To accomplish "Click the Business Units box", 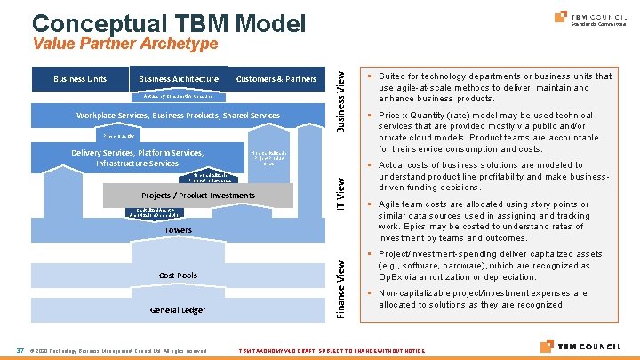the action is click(80, 79).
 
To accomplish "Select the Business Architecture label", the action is click(179, 79).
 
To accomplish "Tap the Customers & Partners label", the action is click(276, 79).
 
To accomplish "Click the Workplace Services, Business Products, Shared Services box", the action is click(178, 116).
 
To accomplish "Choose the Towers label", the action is click(178, 230).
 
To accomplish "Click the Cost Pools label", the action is click(178, 276).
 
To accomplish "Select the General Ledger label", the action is click(178, 310).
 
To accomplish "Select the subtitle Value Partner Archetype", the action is click(124, 44).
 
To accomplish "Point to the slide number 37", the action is click(20, 348).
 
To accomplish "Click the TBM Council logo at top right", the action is click(588, 18).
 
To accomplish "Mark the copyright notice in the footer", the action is click(119, 349).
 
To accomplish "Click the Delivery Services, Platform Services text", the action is click(138, 157).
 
